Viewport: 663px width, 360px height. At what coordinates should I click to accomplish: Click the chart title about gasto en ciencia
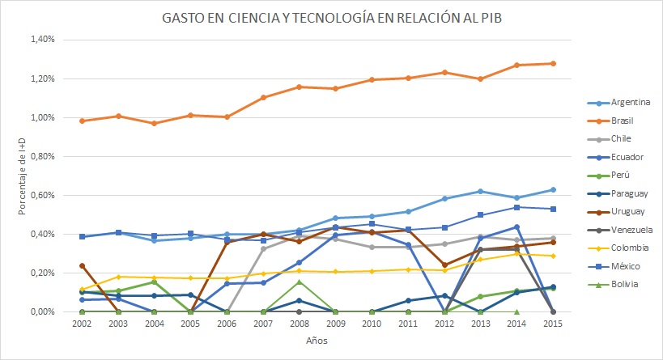coord(330,18)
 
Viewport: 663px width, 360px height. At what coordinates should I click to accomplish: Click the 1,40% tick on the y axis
coord(42,40)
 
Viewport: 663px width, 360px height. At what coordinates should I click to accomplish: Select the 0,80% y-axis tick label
coord(42,156)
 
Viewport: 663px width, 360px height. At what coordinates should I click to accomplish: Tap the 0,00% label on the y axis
coord(42,311)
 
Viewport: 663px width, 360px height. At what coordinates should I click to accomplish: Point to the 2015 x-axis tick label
coord(554,324)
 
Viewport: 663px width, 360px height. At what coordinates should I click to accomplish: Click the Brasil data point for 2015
coord(554,63)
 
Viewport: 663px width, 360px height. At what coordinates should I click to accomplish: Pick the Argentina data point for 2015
coord(554,189)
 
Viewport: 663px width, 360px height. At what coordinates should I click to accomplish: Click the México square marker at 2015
coord(554,209)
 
